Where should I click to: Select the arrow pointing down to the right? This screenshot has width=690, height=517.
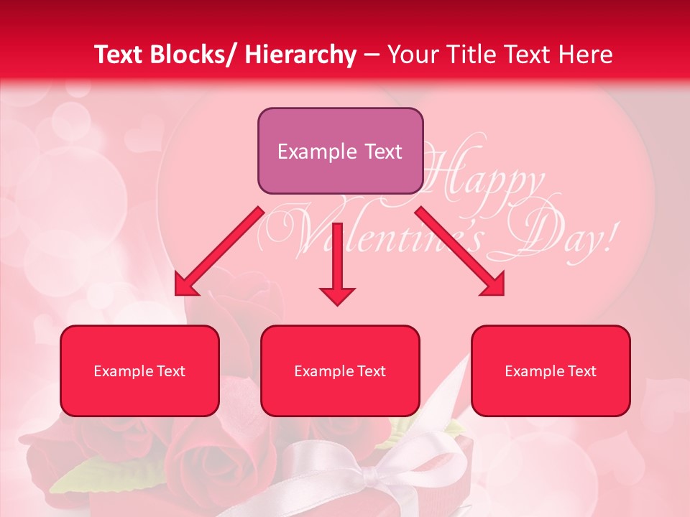point(460,251)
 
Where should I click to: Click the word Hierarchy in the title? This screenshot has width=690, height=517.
point(300,55)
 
